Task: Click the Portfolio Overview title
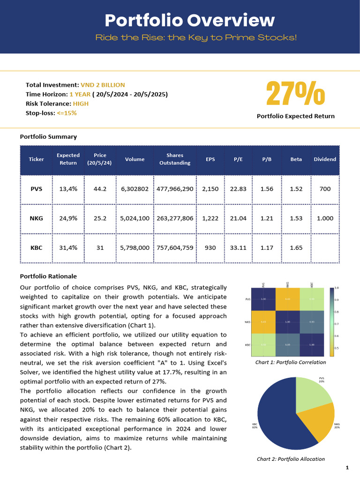[189, 20]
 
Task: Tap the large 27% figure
[295, 94]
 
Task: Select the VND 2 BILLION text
[103, 85]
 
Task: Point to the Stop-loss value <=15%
[67, 113]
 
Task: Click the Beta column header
[296, 159]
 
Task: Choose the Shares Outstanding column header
[175, 159]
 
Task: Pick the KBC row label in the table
[36, 247]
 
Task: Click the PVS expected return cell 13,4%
[68, 189]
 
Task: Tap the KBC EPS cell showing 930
[210, 247]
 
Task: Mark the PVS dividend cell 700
[325, 189]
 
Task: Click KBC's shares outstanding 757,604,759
[175, 247]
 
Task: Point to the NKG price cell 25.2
[100, 218]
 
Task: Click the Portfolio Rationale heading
[48, 277]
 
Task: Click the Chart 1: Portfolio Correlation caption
[291, 362]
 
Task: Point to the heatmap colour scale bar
[332, 322]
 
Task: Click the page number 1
[347, 468]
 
